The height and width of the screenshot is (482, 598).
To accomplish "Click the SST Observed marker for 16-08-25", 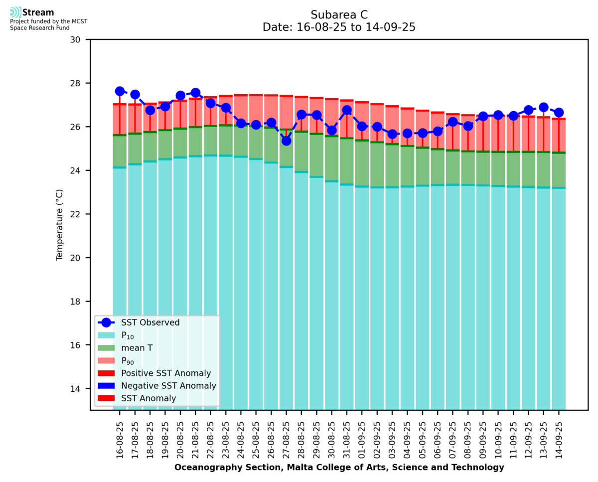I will (120, 91).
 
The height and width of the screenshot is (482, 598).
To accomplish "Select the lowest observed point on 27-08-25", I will (286, 141).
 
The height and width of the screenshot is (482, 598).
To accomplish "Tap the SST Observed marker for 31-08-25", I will (347, 110).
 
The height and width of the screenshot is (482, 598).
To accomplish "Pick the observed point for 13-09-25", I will (544, 107).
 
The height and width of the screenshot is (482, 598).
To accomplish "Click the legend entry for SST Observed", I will (150, 322).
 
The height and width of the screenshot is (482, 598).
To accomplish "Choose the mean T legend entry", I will (137, 348).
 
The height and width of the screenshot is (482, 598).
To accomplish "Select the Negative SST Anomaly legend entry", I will (168, 386).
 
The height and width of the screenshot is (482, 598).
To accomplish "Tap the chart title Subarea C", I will (339, 14).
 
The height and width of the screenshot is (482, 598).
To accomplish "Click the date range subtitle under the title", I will (339, 27).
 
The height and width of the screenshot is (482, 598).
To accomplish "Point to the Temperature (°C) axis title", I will (60, 224).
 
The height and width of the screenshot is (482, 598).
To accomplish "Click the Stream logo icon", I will (15, 12).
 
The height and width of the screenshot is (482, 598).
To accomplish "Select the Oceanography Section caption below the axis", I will (339, 468).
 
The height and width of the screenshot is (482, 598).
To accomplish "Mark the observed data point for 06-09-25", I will (438, 131).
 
